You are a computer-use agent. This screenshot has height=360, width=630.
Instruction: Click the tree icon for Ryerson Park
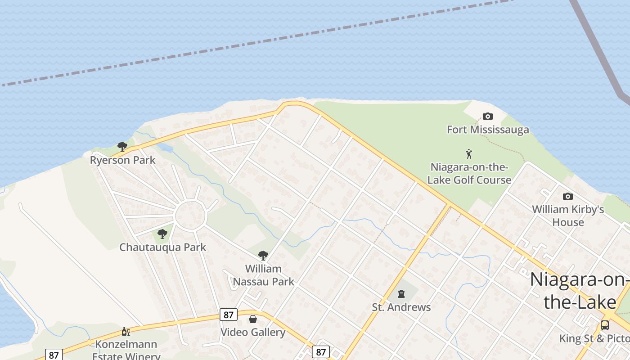[122, 146]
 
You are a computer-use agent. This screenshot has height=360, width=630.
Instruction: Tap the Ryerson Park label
[122, 160]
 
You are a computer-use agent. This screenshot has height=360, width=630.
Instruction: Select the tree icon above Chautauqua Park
[162, 234]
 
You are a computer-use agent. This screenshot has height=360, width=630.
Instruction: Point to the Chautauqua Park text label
[162, 247]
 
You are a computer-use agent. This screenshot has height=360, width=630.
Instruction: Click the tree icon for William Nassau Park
[263, 256]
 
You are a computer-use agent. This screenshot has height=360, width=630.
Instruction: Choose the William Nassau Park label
[263, 275]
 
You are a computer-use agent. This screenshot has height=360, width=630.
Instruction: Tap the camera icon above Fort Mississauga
[487, 117]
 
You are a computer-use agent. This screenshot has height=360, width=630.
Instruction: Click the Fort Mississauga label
[488, 130]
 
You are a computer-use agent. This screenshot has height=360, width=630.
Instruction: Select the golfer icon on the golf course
[469, 154]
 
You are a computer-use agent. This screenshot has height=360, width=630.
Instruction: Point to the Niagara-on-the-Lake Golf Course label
[469, 173]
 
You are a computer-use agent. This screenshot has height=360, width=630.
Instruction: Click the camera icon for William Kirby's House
[568, 196]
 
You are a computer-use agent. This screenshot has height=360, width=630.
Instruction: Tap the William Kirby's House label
[568, 216]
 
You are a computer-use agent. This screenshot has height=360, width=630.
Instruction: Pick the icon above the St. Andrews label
[401, 294]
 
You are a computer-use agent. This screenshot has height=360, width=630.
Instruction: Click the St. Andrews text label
[401, 307]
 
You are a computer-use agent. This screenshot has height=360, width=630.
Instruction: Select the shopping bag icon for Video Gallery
[253, 319]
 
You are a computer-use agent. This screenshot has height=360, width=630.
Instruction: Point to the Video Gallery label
[253, 332]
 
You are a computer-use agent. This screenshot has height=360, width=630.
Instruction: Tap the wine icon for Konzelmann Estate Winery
[126, 332]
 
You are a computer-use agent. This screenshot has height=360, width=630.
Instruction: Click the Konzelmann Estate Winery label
[126, 350]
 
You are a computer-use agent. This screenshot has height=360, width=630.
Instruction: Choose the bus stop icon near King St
[605, 325]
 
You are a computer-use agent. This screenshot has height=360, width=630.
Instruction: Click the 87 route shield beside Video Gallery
[229, 315]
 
